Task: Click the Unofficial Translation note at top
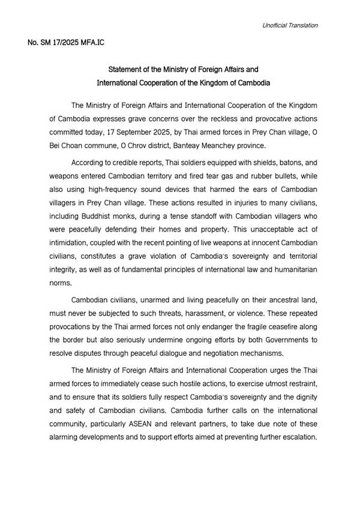(x=290, y=25)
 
